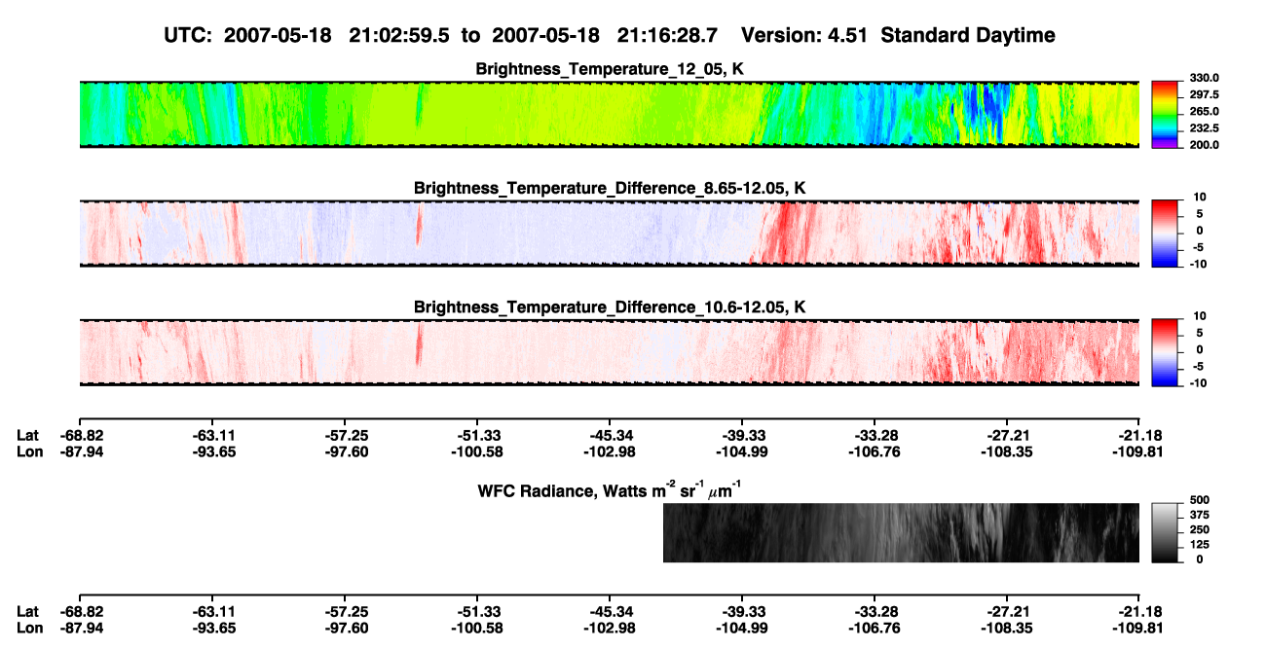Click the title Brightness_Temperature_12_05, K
click(x=610, y=69)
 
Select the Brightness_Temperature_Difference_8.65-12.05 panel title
click(x=610, y=188)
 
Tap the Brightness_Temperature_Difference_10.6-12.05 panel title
click(x=610, y=307)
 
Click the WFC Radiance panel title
click(x=610, y=490)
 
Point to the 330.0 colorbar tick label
click(x=1204, y=78)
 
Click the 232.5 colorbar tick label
click(x=1204, y=128)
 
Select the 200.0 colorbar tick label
click(x=1204, y=145)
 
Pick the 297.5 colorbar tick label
click(x=1204, y=94)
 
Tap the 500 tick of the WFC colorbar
click(x=1200, y=500)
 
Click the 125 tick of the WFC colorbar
click(x=1200, y=545)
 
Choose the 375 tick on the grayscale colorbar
click(x=1200, y=515)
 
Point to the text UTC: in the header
click(x=188, y=35)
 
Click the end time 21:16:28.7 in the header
click(x=667, y=35)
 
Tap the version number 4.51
click(x=847, y=35)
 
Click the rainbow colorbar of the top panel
click(x=1166, y=115)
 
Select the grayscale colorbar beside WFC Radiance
click(x=1166, y=532)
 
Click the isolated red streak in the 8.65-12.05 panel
click(x=419, y=227)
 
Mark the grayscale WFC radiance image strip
click(x=901, y=532)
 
